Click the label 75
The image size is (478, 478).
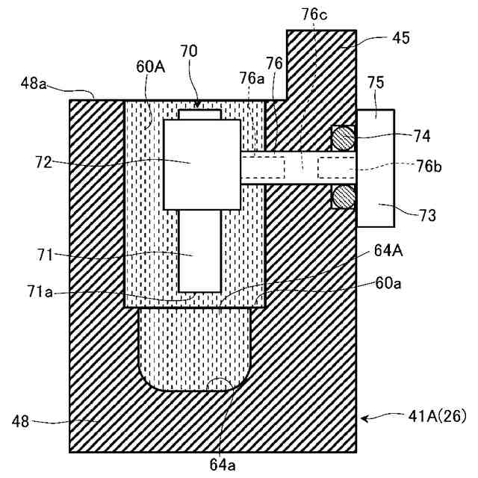pos(376,84)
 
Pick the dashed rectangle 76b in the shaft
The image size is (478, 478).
pos(337,167)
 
